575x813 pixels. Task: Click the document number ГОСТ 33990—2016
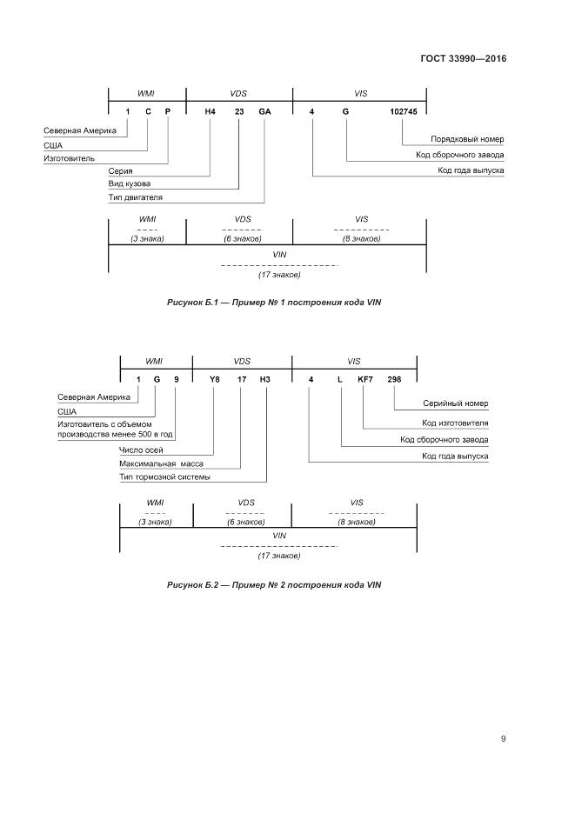[x=465, y=59]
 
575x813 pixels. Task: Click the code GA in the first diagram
[x=265, y=112]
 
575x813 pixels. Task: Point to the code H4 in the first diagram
[x=210, y=112]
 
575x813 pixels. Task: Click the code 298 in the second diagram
[x=394, y=379]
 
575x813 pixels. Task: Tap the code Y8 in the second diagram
[x=215, y=379]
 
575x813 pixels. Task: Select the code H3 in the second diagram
[x=265, y=379]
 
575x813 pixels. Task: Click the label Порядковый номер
[x=467, y=139]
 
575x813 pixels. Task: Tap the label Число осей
[x=141, y=450]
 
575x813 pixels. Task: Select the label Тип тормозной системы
[x=164, y=476]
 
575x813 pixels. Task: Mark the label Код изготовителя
[x=455, y=423]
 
